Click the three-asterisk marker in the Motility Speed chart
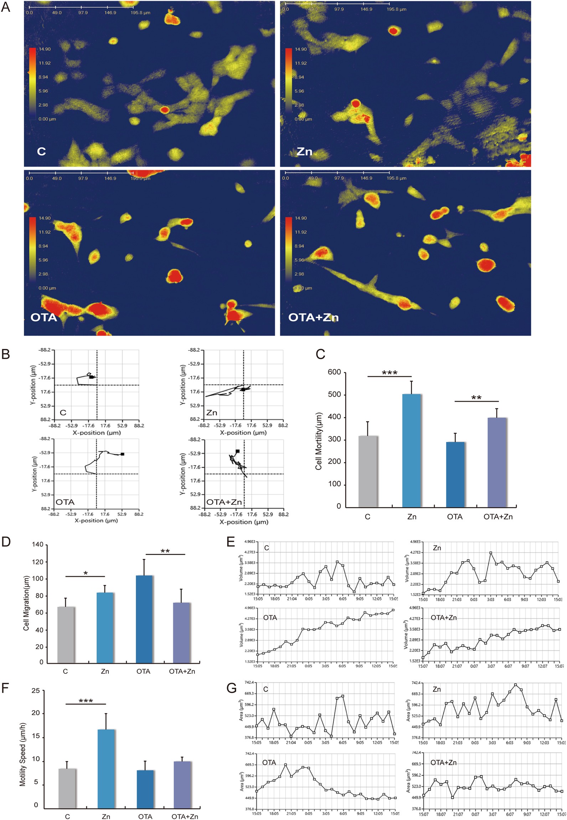pyautogui.click(x=86, y=701)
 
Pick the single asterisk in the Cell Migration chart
pyautogui.click(x=86, y=574)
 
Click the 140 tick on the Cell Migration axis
pyautogui.click(x=37, y=544)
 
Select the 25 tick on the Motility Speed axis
pyautogui.click(x=36, y=691)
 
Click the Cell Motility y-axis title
pyautogui.click(x=319, y=441)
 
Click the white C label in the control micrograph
pyautogui.click(x=41, y=152)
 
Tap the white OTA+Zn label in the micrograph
pyautogui.click(x=313, y=317)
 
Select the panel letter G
pyautogui.click(x=232, y=688)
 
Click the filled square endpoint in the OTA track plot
pyautogui.click(x=123, y=454)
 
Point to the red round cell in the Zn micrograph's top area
pyautogui.click(x=393, y=31)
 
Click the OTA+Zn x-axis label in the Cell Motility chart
pyautogui.click(x=498, y=517)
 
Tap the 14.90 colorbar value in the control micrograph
pyautogui.click(x=45, y=49)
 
